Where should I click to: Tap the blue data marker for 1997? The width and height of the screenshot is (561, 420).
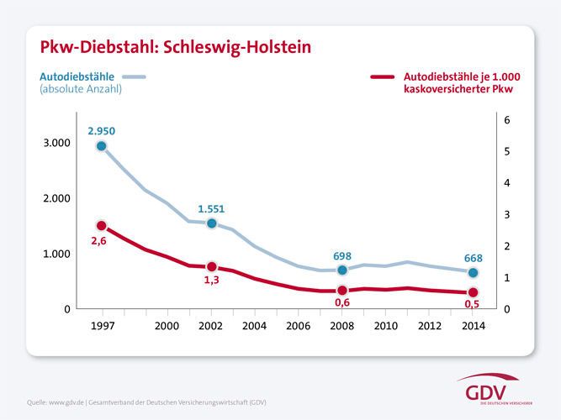[102, 146]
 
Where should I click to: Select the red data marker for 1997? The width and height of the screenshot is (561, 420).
[102, 226]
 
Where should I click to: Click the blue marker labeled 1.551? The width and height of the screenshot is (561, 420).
[212, 223]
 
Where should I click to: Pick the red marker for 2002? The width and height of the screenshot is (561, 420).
[212, 266]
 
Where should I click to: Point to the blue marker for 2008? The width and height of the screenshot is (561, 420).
[342, 270]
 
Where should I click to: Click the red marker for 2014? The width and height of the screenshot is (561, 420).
[473, 292]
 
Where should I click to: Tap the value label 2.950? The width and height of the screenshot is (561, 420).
[101, 130]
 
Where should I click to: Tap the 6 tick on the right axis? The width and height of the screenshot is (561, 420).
[506, 120]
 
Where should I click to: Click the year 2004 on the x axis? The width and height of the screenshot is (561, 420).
[256, 325]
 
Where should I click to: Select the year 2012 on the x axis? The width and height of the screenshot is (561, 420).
[430, 325]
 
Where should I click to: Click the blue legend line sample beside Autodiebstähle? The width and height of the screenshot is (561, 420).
[135, 77]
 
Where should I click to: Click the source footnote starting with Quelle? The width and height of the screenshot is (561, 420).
[147, 402]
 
